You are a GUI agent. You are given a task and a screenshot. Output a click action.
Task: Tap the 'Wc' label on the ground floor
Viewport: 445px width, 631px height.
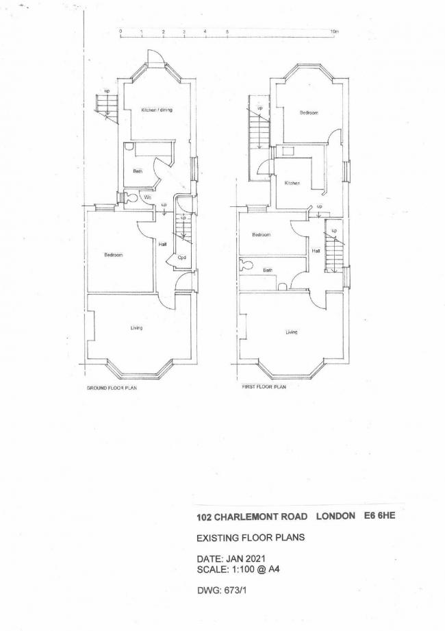147,198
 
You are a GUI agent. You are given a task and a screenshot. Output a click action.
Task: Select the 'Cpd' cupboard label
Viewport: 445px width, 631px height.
181,258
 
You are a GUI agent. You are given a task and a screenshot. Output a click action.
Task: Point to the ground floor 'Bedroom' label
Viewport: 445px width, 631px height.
113,256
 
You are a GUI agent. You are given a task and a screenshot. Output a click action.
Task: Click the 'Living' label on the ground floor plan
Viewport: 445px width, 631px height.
137,329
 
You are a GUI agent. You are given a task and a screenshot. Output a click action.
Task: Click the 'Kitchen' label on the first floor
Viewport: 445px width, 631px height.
292,183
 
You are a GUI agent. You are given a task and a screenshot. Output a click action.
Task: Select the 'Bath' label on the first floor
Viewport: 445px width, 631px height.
268,270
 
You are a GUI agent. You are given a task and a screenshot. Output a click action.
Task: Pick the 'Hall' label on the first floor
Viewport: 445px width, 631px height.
316,251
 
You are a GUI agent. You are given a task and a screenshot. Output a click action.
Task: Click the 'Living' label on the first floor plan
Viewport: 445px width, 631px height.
292,332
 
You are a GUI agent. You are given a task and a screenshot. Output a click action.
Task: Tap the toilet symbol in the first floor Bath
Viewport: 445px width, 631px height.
247,264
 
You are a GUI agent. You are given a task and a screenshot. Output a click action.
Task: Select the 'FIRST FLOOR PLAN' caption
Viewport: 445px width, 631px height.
264,387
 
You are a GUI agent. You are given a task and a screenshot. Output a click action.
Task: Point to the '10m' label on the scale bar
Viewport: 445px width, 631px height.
334,32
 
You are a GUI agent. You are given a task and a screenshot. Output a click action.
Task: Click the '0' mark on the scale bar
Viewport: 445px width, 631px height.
120,32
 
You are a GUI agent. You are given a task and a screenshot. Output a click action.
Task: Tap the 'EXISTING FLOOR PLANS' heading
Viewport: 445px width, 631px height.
250,538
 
